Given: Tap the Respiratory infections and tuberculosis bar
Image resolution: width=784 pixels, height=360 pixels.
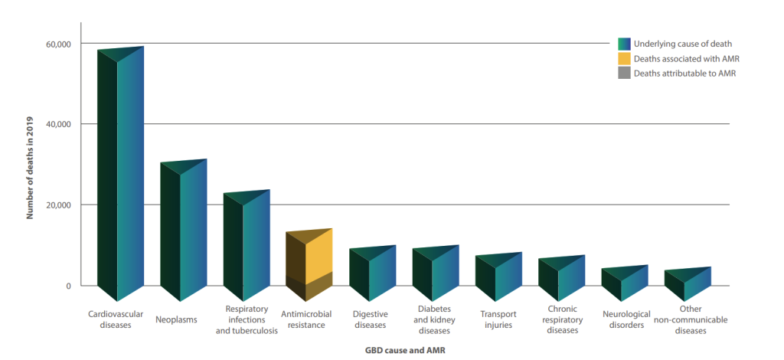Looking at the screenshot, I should (x=246, y=245).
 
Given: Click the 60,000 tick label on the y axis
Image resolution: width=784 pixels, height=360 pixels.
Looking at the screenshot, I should (x=59, y=44).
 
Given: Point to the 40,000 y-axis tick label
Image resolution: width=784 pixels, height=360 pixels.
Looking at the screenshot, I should (x=59, y=124).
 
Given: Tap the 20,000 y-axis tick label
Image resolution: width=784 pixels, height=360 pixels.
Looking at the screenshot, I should (x=59, y=205).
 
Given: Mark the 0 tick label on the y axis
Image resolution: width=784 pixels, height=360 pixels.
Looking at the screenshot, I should (x=68, y=286).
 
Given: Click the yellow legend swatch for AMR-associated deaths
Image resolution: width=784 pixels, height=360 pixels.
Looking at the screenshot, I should (x=624, y=58).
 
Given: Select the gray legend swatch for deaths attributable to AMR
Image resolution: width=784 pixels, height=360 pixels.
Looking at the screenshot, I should (x=624, y=74).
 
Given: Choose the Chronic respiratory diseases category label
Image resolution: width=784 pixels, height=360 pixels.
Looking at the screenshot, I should (x=561, y=319).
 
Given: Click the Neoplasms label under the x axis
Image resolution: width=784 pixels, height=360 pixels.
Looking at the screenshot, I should (x=176, y=319).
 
